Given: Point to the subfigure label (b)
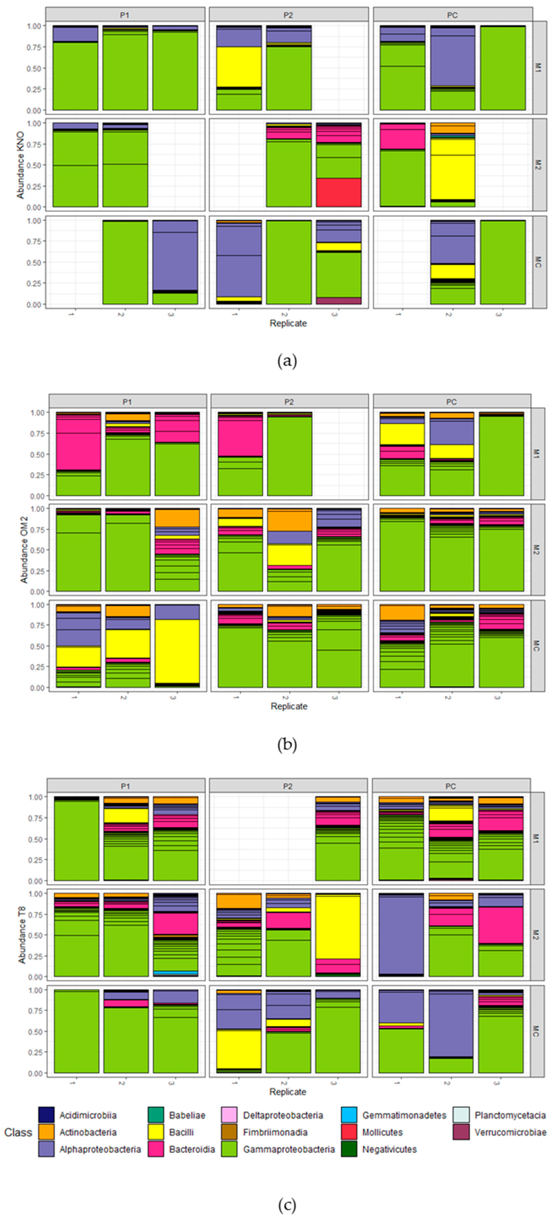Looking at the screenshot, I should (287, 745).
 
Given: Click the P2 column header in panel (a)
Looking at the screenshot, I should (288, 15).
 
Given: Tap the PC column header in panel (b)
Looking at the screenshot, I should (451, 401).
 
